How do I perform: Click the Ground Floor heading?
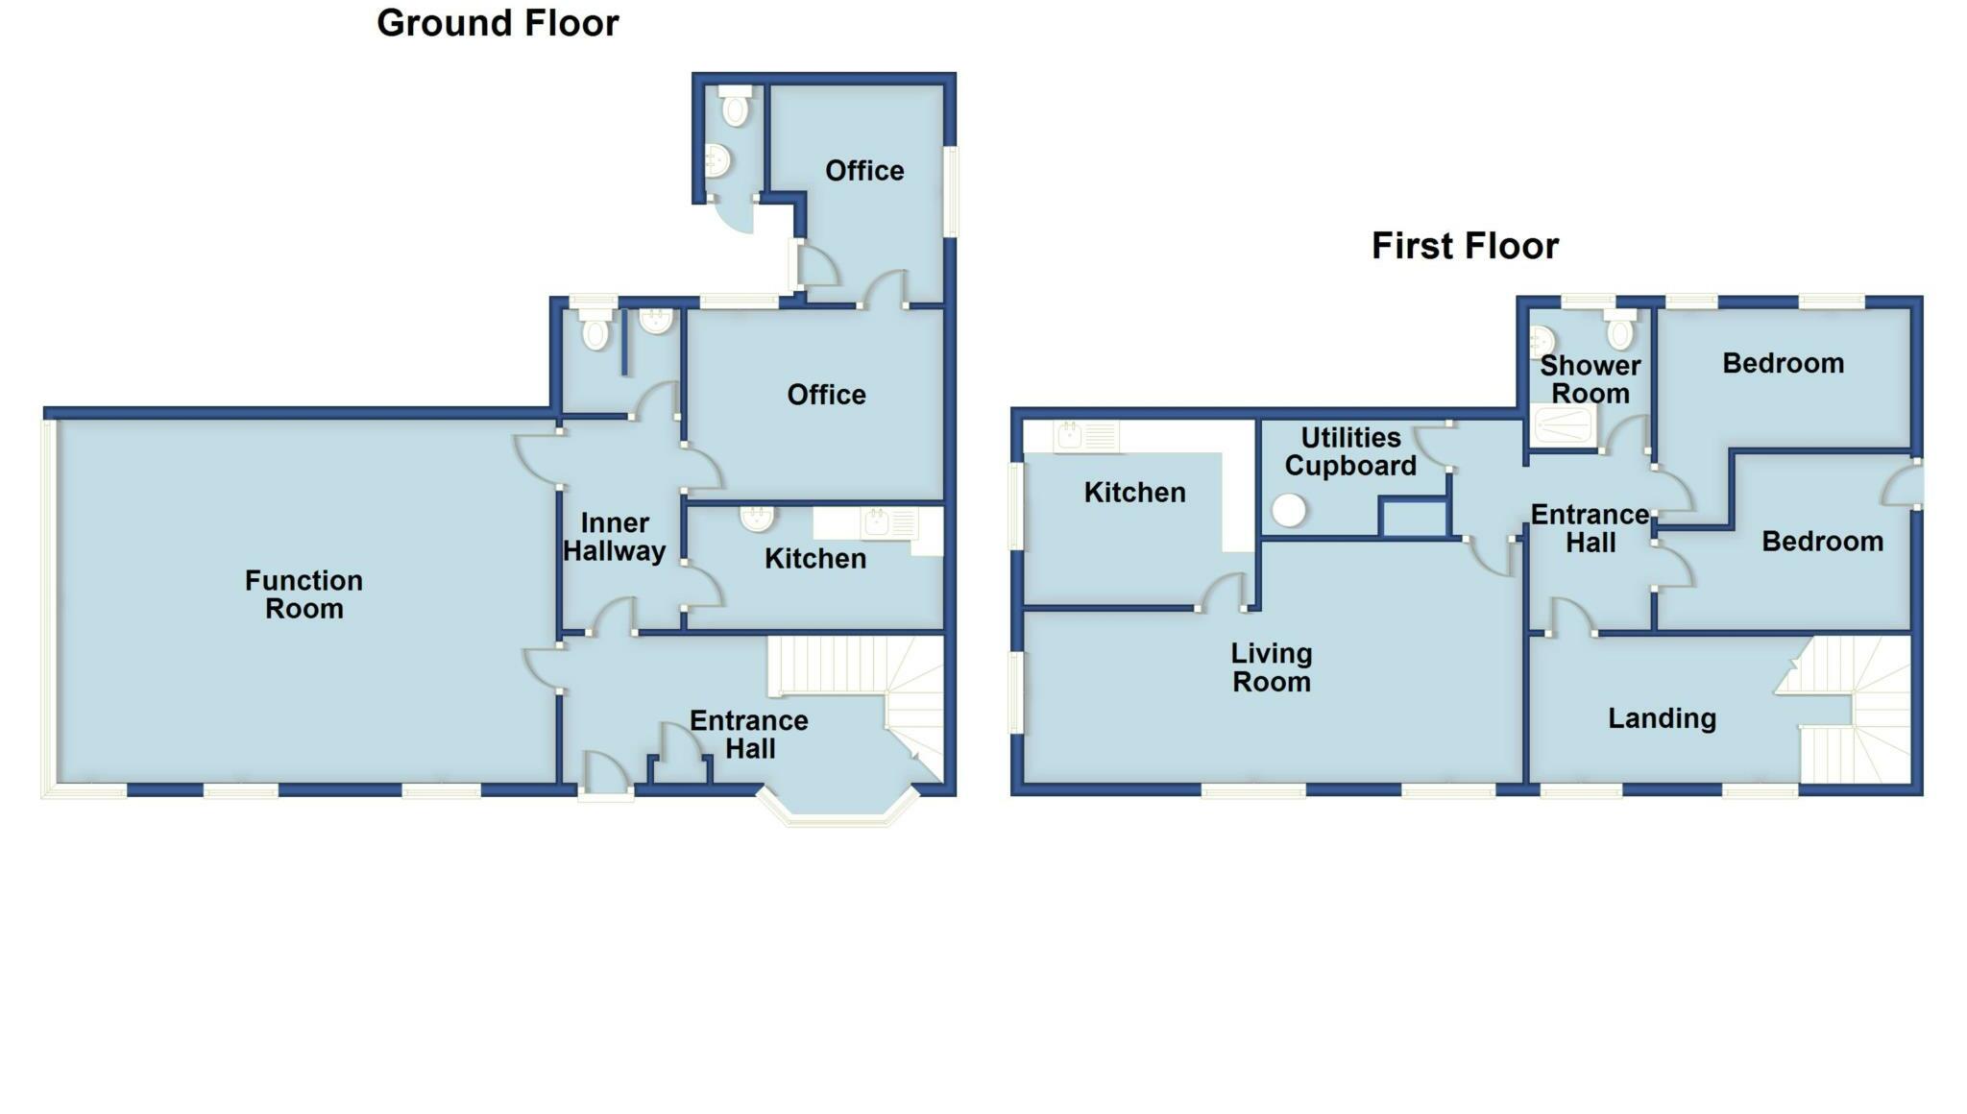(498, 23)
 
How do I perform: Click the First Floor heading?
(1465, 246)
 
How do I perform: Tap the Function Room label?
(304, 594)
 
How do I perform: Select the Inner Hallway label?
(615, 537)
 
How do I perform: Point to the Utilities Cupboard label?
(1350, 451)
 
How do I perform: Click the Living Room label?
(1272, 667)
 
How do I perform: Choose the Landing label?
(1662, 718)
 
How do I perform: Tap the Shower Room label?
(1591, 379)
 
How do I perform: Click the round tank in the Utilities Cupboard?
(1289, 510)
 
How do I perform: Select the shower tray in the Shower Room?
(1564, 424)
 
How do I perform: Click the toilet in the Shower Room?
(1620, 330)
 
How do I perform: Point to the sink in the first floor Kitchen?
(1069, 436)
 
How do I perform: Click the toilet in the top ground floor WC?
(736, 108)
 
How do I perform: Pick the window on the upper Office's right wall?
(951, 190)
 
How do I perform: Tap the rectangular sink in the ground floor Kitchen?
(876, 523)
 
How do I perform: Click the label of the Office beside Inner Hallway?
(826, 395)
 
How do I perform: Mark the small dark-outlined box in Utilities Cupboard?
(1413, 517)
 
